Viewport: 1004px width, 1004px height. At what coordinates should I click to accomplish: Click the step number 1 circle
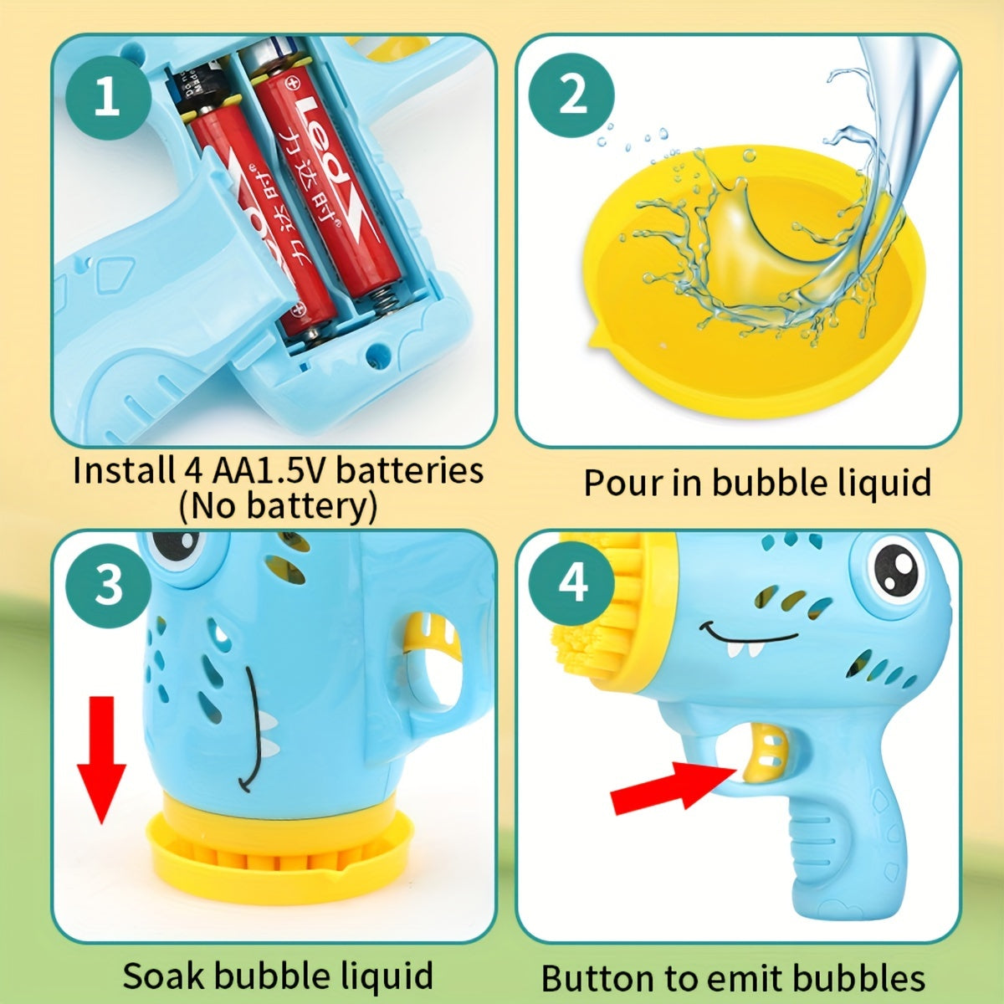pyautogui.click(x=108, y=97)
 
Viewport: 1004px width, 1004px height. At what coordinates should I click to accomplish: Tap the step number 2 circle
pyautogui.click(x=571, y=95)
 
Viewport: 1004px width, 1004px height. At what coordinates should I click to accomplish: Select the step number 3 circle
pyautogui.click(x=108, y=585)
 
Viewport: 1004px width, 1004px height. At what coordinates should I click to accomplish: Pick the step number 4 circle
pyautogui.click(x=571, y=583)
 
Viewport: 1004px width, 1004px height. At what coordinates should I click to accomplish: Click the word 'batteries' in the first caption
pyautogui.click(x=409, y=470)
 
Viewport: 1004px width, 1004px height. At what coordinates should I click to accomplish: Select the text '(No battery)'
pyautogui.click(x=278, y=506)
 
